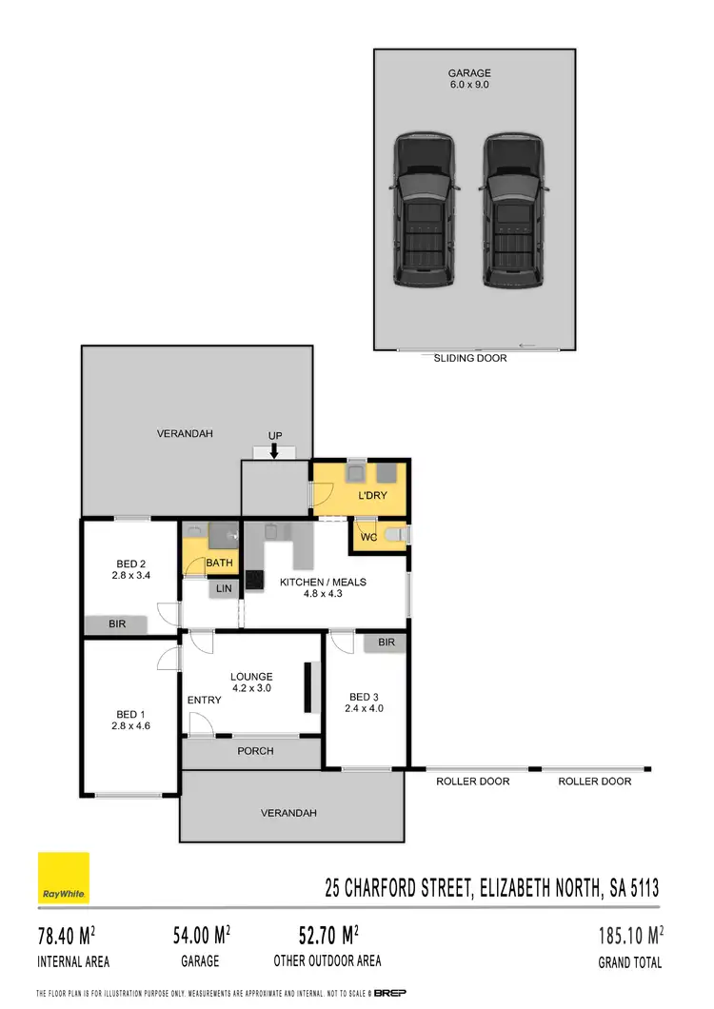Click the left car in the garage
(x=424, y=211)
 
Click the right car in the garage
(x=514, y=211)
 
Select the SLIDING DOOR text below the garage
(x=470, y=359)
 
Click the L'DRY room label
(x=373, y=496)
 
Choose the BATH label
(x=220, y=564)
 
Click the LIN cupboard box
(x=224, y=589)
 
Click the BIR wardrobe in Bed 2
(x=116, y=624)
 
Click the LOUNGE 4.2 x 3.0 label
(x=251, y=683)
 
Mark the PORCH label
(x=255, y=751)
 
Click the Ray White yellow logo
(x=63, y=878)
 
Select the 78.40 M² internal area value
(x=72, y=936)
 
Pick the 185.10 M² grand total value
(x=629, y=936)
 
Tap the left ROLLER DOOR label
(x=472, y=781)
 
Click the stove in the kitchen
(x=254, y=578)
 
